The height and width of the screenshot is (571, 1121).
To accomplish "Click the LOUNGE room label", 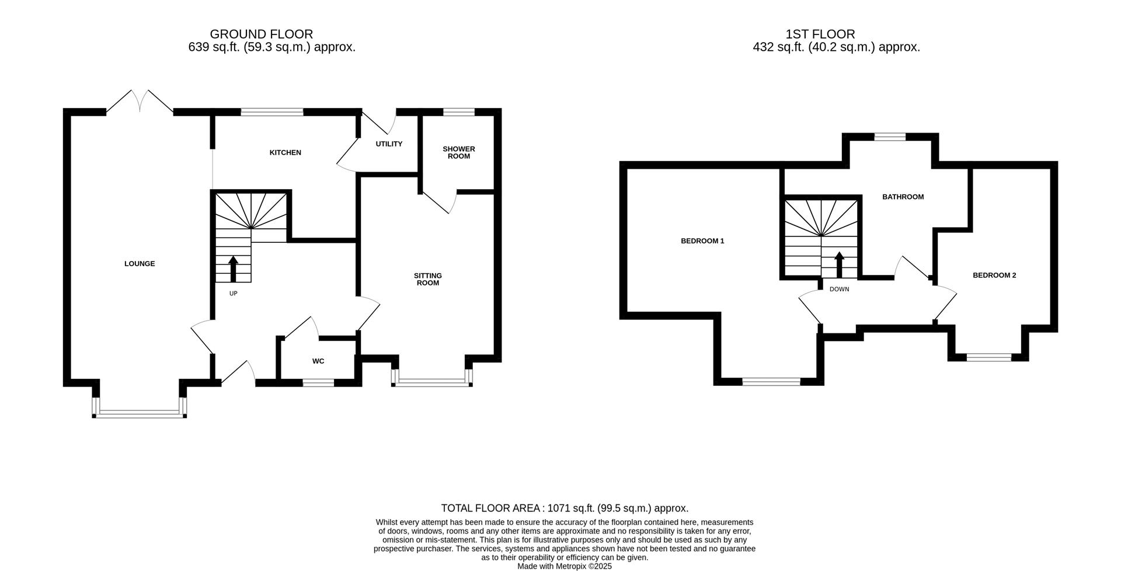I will [140, 264].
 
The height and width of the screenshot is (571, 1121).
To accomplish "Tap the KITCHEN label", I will [285, 153].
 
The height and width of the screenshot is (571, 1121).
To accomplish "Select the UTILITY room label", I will [389, 144].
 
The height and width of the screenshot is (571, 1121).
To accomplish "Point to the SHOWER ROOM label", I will [459, 152].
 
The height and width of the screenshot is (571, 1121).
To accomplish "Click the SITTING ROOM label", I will [427, 279].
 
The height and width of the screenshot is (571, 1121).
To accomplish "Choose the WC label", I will [318, 361].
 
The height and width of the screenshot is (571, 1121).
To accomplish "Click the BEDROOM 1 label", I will [702, 241].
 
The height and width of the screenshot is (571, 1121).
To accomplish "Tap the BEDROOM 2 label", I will [994, 276].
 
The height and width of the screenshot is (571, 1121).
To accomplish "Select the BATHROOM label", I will [903, 197].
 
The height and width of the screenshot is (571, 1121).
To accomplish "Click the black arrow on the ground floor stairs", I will [233, 269].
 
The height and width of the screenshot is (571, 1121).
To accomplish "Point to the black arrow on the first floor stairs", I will [839, 264].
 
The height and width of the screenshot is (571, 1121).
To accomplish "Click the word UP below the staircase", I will [233, 294].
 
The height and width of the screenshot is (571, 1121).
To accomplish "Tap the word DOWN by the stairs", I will [839, 290].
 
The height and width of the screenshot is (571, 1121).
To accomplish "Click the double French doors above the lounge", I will [140, 100].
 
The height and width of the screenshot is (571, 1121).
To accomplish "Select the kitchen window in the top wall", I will [272, 112].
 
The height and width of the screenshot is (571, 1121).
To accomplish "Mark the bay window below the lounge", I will [139, 413].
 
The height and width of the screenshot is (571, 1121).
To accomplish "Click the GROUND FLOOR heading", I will [261, 34].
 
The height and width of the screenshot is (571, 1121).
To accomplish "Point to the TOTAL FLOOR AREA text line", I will [564, 509].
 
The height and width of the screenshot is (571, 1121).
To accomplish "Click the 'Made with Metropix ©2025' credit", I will [564, 566].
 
